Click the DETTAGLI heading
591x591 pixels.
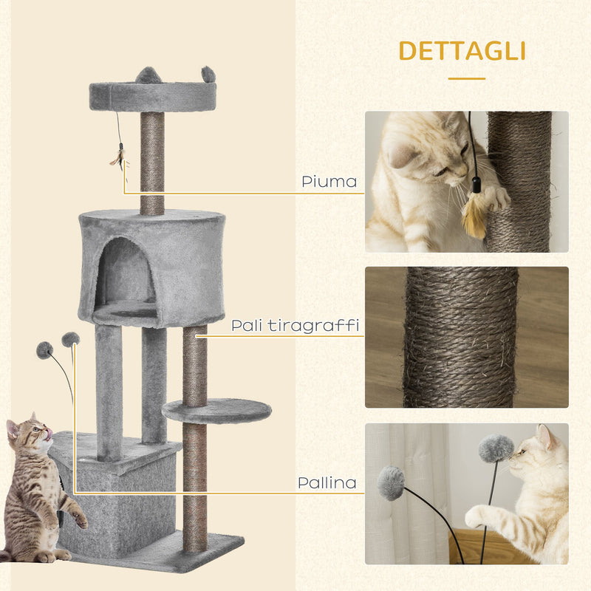click(x=462, y=51)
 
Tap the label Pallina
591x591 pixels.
click(x=327, y=483)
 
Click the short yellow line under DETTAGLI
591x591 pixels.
click(x=466, y=78)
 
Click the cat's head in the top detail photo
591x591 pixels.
click(x=425, y=155)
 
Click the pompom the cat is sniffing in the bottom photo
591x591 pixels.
click(x=496, y=448)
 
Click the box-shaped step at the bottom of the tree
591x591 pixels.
click(x=118, y=495)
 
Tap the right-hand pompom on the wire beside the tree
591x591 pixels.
click(x=70, y=339)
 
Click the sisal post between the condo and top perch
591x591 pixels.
click(x=152, y=163)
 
